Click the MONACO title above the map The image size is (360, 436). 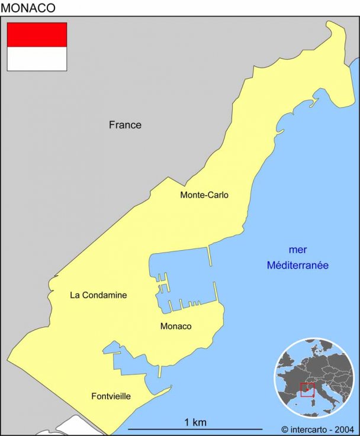click(28, 8)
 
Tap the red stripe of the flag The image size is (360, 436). click(37, 35)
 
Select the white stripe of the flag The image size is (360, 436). click(37, 59)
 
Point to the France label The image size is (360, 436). click(125, 125)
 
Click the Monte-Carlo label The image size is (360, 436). click(204, 195)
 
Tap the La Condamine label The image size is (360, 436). click(98, 295)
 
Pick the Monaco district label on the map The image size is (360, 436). click(176, 326)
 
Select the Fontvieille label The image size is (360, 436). click(111, 396)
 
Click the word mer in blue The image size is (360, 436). click(297, 250)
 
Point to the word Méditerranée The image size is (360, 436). click(297, 266)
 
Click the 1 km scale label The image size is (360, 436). click(195, 422)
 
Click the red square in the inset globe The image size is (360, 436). click(307, 389)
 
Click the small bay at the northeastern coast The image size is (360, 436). click(320, 98)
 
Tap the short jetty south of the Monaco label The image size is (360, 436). click(159, 371)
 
